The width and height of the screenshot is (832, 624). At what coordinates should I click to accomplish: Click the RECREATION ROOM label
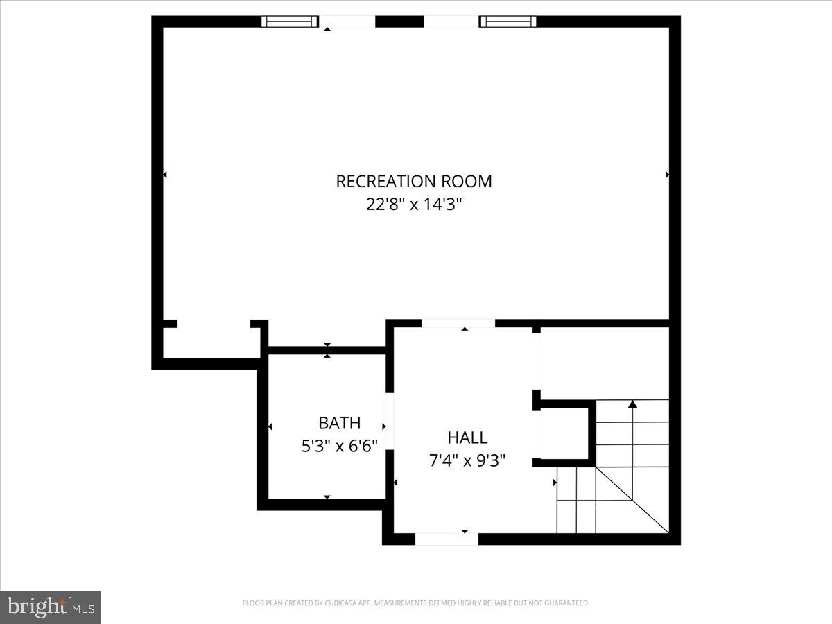[x=414, y=182]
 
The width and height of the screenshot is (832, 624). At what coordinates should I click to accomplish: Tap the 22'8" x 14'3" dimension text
[x=414, y=205]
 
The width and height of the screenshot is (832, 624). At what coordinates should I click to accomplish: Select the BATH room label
[x=339, y=423]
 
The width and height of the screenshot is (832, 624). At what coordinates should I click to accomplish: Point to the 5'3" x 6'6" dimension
[x=339, y=446]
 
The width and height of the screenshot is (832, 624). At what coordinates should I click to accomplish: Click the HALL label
[x=467, y=437]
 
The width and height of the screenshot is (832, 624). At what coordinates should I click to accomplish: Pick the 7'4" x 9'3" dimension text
[x=467, y=460]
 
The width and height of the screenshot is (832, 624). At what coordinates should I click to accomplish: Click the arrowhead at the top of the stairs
[x=632, y=404]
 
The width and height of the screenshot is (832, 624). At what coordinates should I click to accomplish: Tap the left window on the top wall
[x=289, y=21]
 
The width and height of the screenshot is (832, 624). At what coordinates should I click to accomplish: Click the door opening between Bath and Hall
[x=390, y=421]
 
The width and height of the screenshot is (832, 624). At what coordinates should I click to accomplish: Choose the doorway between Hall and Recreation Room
[x=458, y=323]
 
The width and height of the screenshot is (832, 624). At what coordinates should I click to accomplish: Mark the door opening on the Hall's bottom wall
[x=447, y=538]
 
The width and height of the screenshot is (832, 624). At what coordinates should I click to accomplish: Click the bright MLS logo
[x=51, y=607]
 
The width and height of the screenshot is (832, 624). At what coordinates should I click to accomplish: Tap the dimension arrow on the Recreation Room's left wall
[x=164, y=175]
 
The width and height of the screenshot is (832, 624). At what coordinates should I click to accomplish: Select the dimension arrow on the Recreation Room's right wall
[x=667, y=175]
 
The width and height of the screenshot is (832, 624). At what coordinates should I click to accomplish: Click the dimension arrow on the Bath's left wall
[x=270, y=426]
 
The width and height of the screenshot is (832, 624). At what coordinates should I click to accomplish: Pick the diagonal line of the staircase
[x=631, y=498]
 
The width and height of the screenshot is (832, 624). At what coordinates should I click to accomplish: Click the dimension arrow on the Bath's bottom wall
[x=327, y=497]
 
